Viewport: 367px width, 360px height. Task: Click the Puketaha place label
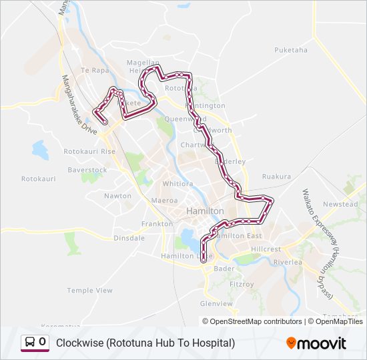coord(291,50)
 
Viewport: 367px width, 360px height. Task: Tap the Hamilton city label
coord(206,211)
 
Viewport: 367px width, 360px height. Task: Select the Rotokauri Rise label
coord(89,151)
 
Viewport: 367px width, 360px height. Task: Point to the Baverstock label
coord(87,170)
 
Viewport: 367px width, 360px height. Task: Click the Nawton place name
coord(117,196)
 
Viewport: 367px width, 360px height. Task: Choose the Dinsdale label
coord(129,237)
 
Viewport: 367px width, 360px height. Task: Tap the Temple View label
coord(89,291)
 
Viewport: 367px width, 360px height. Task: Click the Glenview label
coord(216,303)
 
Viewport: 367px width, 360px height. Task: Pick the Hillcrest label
coord(267,249)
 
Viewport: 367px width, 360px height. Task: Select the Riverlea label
coord(288,262)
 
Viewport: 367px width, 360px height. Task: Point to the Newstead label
coord(340,204)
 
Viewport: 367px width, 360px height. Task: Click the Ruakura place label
coord(276,177)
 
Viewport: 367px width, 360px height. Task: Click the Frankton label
coord(157,224)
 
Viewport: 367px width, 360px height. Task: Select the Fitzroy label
coord(242,284)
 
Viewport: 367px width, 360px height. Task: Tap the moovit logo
coord(316,343)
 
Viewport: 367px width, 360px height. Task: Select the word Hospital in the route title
coord(212,343)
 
